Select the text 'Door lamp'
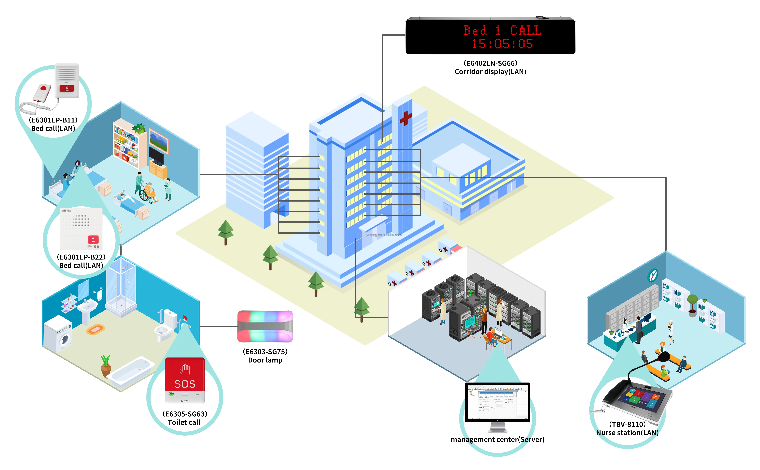(265, 360)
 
